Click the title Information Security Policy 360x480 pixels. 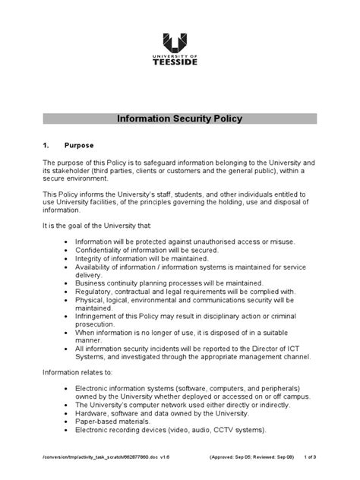tap(180, 119)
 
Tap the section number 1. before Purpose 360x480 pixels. tap(49, 144)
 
